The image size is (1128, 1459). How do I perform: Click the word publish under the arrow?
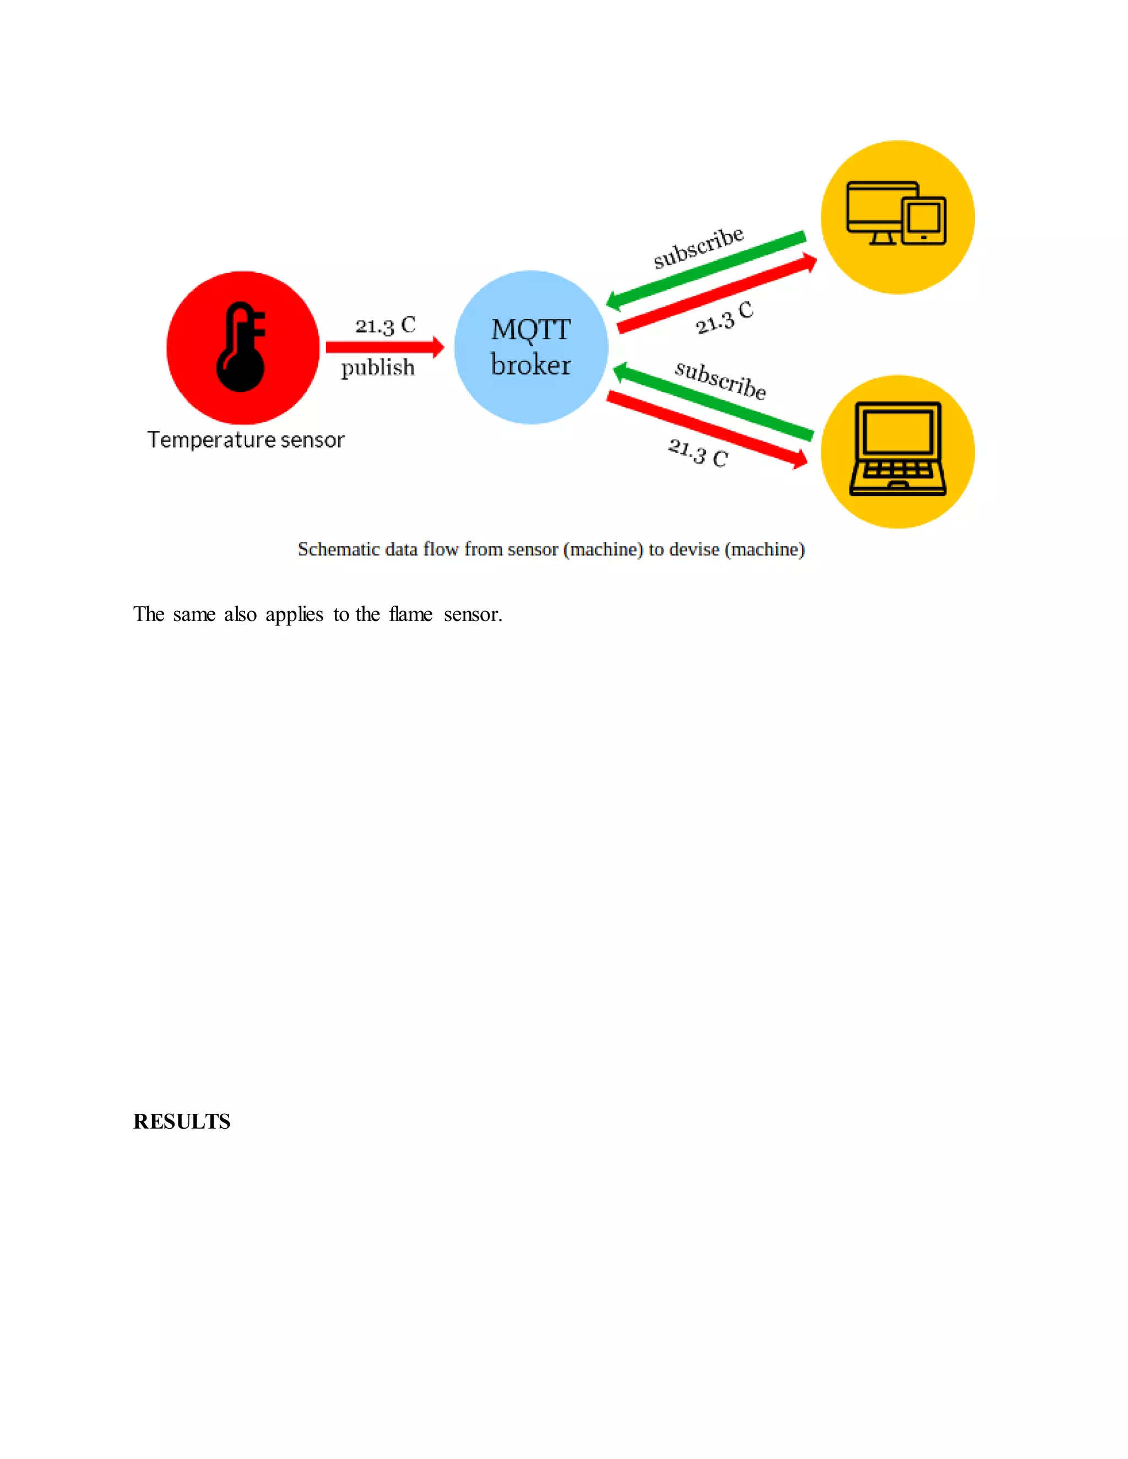(x=377, y=367)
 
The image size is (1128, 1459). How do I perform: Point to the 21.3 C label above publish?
(x=385, y=325)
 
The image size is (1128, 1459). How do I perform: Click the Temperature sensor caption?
(x=246, y=439)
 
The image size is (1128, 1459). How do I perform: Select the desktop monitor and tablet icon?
(x=896, y=214)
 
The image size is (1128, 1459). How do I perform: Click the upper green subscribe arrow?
(x=706, y=270)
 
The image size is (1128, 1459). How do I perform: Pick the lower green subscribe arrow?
(x=712, y=401)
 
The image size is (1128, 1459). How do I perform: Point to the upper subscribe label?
(x=698, y=247)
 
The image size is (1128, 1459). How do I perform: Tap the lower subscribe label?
(x=720, y=379)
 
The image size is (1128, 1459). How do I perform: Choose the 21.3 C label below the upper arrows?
(x=724, y=318)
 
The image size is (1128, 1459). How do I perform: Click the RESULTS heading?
(x=182, y=1122)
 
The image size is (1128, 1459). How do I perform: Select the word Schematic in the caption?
(x=338, y=549)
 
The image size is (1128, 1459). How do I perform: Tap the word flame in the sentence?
(x=410, y=614)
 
